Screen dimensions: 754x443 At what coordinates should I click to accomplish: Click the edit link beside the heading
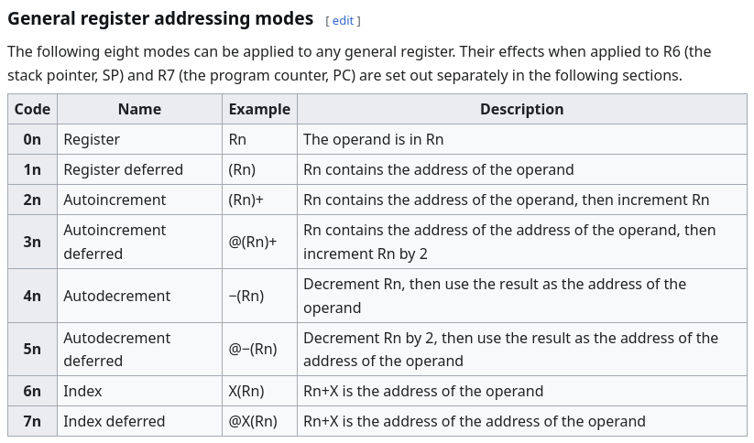[343, 21]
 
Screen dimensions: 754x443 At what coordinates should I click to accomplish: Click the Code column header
[32, 109]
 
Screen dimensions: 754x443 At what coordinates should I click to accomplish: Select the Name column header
[139, 109]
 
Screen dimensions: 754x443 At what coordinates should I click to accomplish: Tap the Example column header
[259, 109]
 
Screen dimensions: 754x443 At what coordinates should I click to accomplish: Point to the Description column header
[521, 109]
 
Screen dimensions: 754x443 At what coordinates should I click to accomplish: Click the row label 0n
[32, 139]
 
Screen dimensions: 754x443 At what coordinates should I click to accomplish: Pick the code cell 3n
[32, 242]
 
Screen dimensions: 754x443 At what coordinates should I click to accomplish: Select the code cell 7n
[32, 421]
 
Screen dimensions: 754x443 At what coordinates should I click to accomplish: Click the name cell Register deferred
[123, 169]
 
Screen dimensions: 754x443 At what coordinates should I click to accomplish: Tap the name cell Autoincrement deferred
[115, 242]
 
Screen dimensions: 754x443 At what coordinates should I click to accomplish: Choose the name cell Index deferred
[114, 421]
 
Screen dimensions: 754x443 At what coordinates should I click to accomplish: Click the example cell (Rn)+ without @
[246, 200]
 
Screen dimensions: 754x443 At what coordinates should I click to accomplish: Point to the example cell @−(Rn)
[253, 349]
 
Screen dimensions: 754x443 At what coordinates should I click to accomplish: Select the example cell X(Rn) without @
[246, 391]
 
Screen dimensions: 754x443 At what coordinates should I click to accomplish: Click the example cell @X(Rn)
[253, 421]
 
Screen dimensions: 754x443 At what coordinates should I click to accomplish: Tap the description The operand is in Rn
[373, 139]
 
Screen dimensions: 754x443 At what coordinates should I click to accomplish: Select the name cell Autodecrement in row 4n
[117, 296]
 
